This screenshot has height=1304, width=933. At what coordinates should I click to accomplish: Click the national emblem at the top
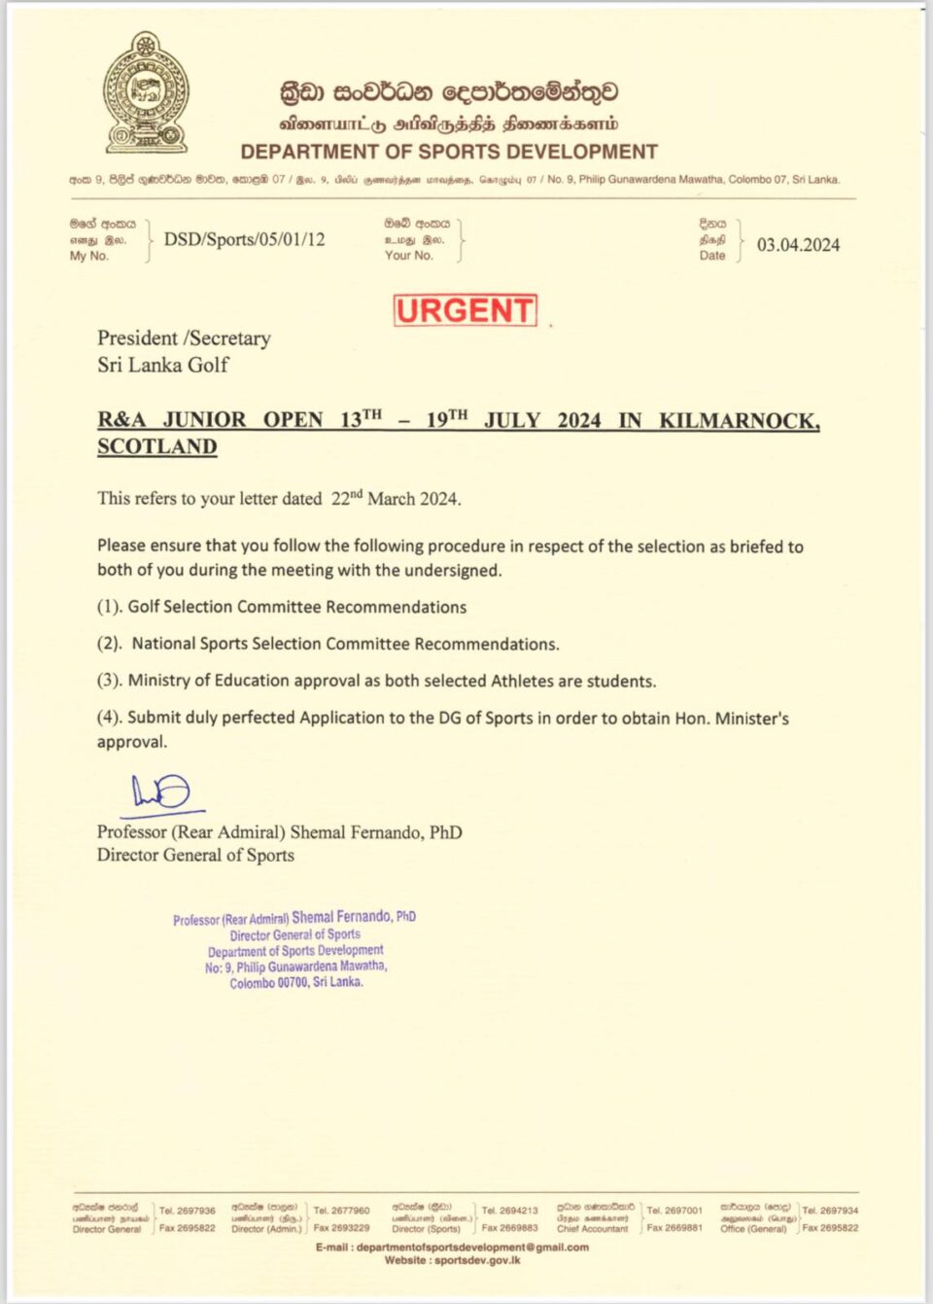(x=146, y=93)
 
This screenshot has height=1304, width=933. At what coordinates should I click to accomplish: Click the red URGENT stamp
(x=465, y=310)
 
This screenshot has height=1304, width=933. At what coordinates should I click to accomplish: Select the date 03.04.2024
(x=798, y=245)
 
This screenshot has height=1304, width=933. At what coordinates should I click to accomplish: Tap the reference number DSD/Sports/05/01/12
(x=244, y=239)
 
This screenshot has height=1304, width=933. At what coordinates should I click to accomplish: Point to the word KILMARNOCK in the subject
(x=739, y=420)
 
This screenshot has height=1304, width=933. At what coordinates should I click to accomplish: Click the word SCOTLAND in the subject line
(x=156, y=446)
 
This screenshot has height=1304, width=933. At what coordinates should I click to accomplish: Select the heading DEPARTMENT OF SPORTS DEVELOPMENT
(x=449, y=152)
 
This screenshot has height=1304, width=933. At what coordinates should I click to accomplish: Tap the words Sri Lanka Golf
(x=162, y=365)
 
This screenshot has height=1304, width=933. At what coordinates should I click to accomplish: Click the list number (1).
(x=110, y=607)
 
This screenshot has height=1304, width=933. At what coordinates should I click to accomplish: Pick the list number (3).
(x=110, y=681)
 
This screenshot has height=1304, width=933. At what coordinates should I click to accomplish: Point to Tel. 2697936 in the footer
(x=188, y=1211)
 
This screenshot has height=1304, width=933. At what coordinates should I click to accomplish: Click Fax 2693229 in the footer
(x=341, y=1228)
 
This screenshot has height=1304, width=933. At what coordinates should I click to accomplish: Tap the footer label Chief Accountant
(x=592, y=1229)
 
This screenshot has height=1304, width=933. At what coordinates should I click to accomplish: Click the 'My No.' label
(x=89, y=256)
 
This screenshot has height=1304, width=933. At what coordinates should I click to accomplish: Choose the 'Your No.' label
(x=408, y=256)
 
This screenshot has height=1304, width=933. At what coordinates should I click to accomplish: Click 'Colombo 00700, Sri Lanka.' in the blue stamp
(x=296, y=983)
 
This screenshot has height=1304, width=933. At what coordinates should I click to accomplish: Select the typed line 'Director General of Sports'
(x=195, y=855)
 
